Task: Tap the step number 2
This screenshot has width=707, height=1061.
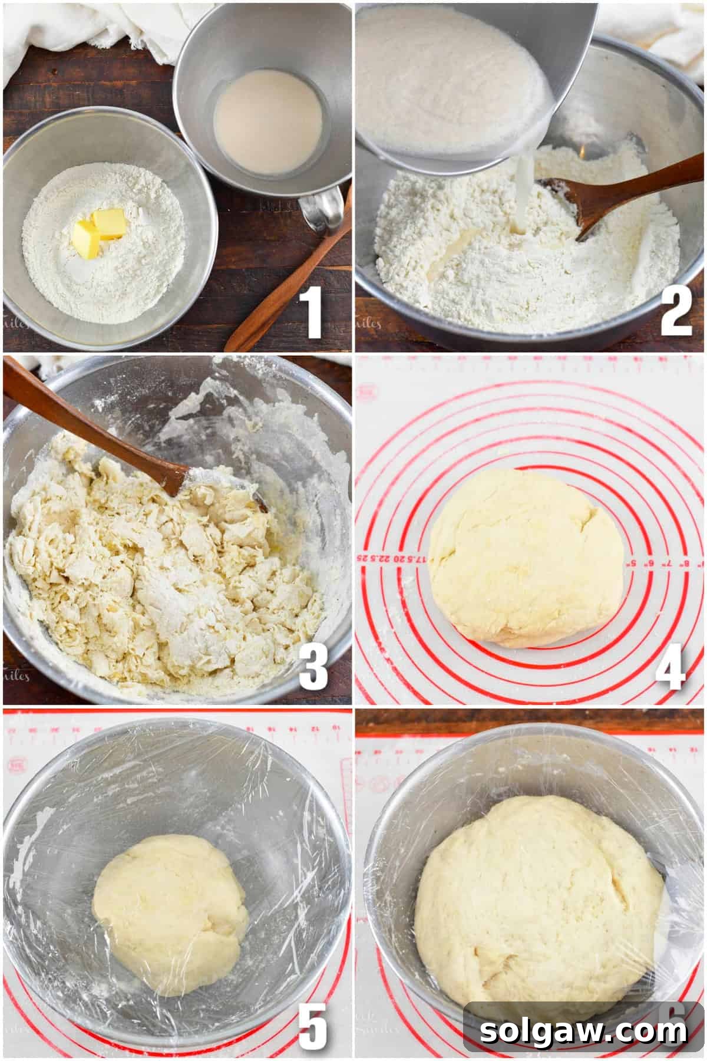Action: (675, 314)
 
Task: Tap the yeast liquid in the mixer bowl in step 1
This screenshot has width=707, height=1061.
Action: (268, 131)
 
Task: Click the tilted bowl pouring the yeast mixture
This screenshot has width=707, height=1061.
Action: (460, 77)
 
